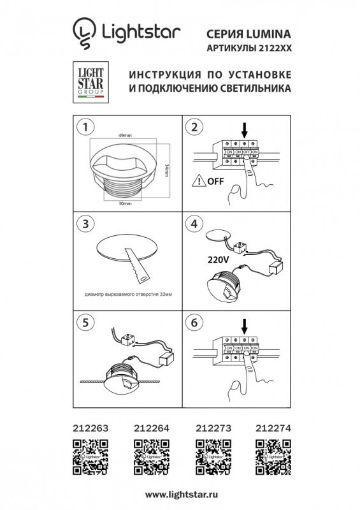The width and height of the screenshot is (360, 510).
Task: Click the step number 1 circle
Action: click(x=83, y=126)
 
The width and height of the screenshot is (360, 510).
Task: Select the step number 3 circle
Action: click(x=83, y=224)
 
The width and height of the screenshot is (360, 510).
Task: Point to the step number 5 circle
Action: click(x=83, y=323)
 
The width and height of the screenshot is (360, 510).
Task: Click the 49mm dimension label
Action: click(x=124, y=136)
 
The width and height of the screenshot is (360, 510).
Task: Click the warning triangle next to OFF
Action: click(x=202, y=181)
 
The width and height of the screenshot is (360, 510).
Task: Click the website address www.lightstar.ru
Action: click(x=179, y=494)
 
